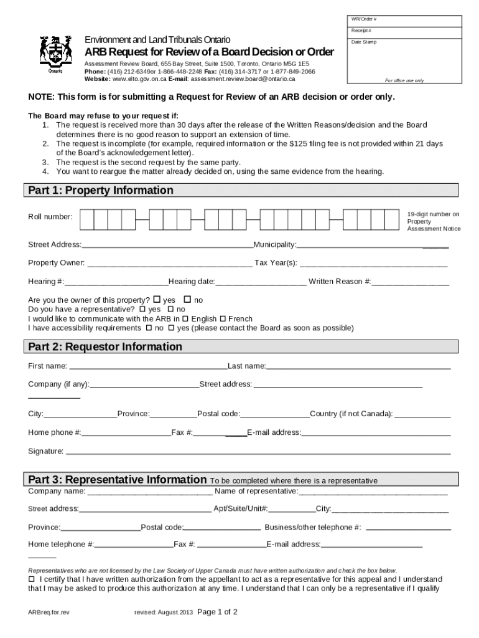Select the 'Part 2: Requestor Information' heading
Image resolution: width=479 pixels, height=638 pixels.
(105, 346)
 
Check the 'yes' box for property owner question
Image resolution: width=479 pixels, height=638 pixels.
(156, 300)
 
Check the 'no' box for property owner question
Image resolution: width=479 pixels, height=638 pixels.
(187, 300)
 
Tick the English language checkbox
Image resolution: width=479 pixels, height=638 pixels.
(185, 318)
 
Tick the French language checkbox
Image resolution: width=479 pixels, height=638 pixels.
(223, 318)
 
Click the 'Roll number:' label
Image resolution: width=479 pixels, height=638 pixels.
(50, 217)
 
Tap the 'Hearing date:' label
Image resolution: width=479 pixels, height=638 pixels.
(192, 282)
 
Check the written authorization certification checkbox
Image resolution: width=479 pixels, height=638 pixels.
(32, 579)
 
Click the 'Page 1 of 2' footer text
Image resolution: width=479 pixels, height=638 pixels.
(217, 612)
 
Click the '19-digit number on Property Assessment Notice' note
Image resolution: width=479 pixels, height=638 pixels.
(434, 221)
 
